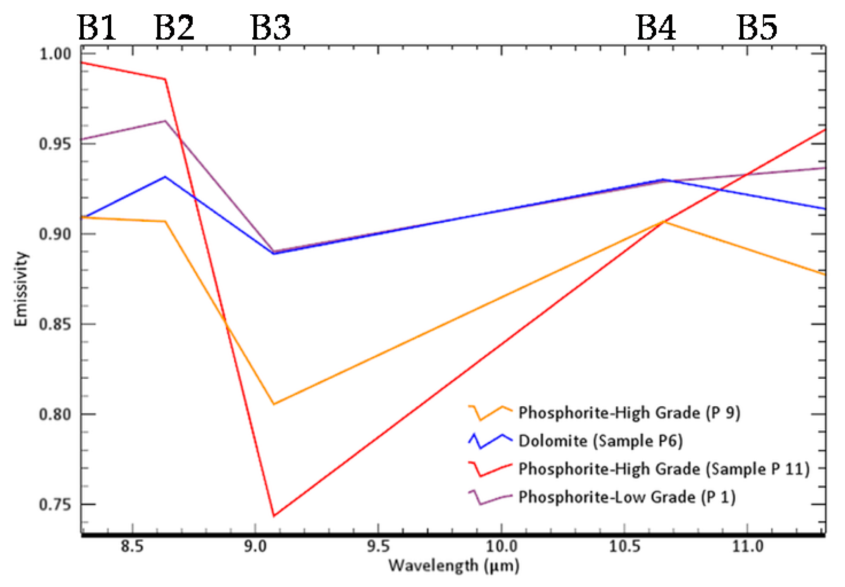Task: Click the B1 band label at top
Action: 97,28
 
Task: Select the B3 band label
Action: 271,28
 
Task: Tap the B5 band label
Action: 757,28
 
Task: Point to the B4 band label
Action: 656,28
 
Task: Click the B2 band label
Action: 174,28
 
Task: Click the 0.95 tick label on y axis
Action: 55,144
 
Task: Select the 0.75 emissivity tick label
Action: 55,505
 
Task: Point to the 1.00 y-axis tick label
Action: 55,54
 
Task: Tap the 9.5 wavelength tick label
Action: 378,547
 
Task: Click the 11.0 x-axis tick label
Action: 747,547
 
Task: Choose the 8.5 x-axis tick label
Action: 132,547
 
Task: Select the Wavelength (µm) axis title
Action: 454,566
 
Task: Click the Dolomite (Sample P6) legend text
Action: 600,441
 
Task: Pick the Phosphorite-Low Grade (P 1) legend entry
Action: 627,497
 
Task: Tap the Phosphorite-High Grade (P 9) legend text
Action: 629,413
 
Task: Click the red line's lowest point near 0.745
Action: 274,516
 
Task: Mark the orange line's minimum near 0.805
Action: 274,404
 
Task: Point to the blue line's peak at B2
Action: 166,177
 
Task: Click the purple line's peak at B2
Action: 166,121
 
